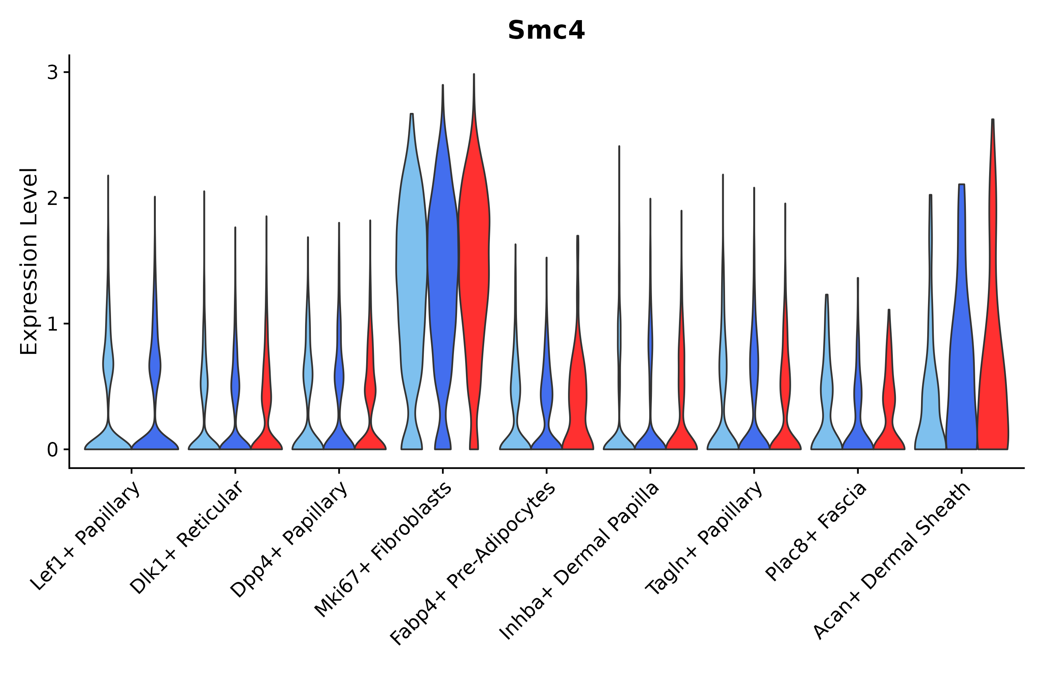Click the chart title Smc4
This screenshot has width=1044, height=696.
(546, 30)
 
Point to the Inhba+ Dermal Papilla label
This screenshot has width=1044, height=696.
(580, 561)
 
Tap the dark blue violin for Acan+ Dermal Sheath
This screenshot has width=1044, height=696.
(961, 355)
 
